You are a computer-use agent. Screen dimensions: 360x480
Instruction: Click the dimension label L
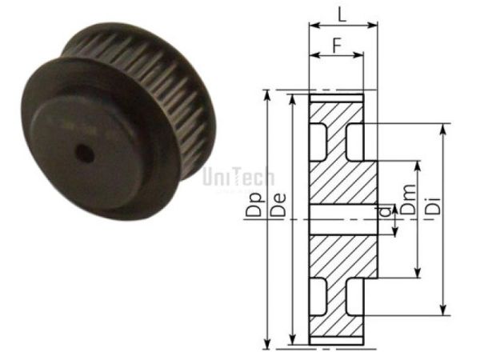pos(342,14)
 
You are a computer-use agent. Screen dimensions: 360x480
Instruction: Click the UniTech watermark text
pos(239,178)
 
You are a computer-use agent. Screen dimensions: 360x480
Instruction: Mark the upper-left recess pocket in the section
pos(318,138)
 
